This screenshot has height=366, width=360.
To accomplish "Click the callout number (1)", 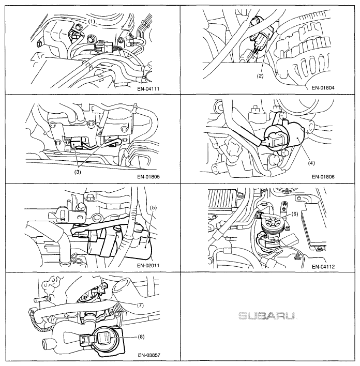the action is click(x=92, y=22).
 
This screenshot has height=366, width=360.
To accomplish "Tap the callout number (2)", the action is click(x=260, y=76).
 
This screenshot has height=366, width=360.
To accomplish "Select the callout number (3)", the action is click(x=78, y=172).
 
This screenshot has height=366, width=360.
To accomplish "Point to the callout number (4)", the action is click(x=311, y=163).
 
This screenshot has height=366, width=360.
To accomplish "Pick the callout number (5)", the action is click(x=153, y=207).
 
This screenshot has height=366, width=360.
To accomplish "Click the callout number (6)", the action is click(x=295, y=213).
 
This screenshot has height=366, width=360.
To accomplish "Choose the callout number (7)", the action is click(x=140, y=305).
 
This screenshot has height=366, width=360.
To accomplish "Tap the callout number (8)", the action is click(x=141, y=337).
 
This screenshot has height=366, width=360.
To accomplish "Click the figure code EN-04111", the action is click(x=148, y=89).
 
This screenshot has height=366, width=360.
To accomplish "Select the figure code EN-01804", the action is click(x=323, y=88).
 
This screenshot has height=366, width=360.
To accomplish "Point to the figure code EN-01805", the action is click(x=148, y=177).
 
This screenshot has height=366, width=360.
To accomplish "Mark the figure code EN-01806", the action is click(x=323, y=177).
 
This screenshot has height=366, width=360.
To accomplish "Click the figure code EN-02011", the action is click(x=148, y=265).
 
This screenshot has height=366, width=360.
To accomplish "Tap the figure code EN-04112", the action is click(x=323, y=267).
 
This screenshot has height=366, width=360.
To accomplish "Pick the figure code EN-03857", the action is click(x=149, y=355).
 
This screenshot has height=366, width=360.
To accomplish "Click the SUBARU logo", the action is click(x=267, y=316).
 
